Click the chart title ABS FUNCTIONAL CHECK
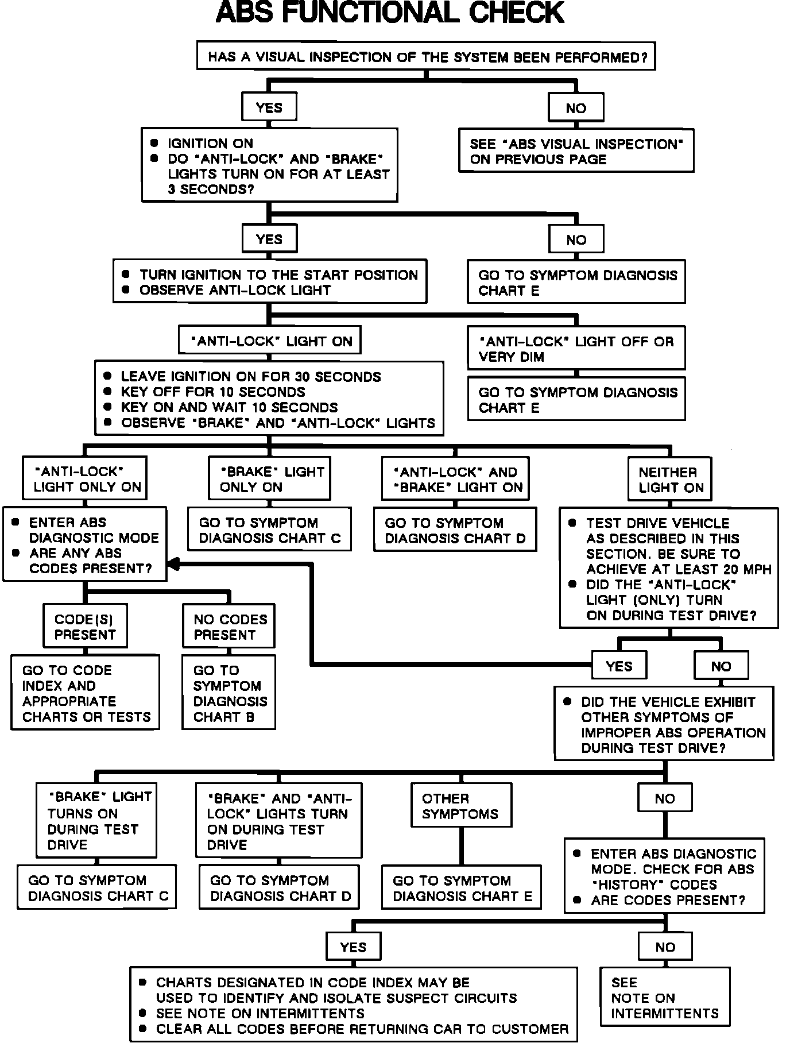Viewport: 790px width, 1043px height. (x=390, y=13)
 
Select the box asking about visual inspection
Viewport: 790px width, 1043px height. (x=425, y=56)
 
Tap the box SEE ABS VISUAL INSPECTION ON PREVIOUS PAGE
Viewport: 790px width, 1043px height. (x=576, y=151)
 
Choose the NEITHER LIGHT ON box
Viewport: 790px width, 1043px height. (x=669, y=480)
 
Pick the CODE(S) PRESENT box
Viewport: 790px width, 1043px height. (x=85, y=627)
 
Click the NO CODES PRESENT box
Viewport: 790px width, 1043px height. (x=229, y=627)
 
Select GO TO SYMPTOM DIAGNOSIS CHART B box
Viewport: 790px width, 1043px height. (x=229, y=693)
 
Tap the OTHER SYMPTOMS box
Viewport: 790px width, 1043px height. (x=461, y=805)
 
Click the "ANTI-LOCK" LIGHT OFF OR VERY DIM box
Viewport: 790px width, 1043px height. (x=576, y=349)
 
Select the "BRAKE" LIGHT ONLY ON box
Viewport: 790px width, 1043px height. (x=269, y=479)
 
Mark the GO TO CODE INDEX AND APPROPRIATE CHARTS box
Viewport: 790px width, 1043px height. (x=85, y=693)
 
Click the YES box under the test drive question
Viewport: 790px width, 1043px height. (x=618, y=666)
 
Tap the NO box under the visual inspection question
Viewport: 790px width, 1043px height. (x=576, y=109)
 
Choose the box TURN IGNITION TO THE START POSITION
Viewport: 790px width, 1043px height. (x=269, y=282)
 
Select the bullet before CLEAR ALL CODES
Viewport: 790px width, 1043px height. (x=143, y=1028)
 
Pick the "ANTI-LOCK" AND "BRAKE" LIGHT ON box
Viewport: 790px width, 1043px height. (x=455, y=480)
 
